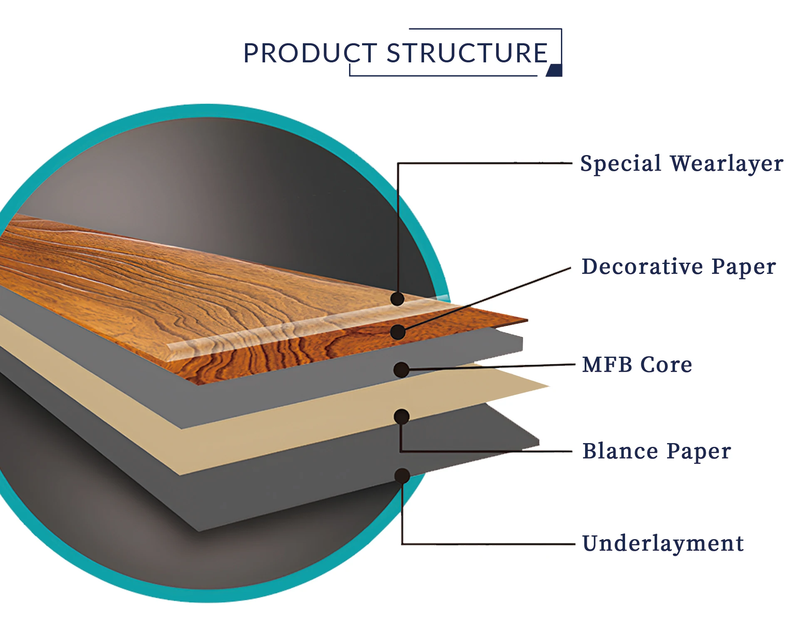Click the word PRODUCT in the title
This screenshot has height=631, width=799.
coord(310,53)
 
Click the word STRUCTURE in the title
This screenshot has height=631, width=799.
coord(467,53)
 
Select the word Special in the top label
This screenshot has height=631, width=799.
coord(620,163)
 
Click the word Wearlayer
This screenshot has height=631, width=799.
coord(727,163)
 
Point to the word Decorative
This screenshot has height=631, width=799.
coord(643,266)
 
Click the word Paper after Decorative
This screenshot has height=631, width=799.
coord(744,266)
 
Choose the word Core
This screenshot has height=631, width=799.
coord(666,365)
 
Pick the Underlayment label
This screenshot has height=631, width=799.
coord(663,543)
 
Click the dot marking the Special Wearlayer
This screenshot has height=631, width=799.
coord(398,298)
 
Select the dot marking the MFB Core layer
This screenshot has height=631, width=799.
coord(401,370)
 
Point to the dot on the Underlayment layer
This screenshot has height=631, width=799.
coord(402,476)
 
